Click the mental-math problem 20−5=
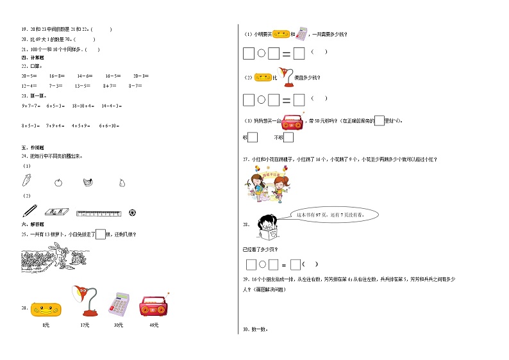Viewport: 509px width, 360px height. (x=29, y=76)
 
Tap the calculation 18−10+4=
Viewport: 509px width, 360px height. (x=83, y=106)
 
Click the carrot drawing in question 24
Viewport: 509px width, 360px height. (x=28, y=181)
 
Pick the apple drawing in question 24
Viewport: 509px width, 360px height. (x=58, y=182)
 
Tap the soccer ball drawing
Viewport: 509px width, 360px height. (x=132, y=211)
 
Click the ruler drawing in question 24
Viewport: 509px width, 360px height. (x=98, y=212)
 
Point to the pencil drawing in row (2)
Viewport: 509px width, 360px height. (x=29, y=211)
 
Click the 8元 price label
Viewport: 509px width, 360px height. (x=46, y=326)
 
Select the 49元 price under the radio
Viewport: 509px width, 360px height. (x=153, y=326)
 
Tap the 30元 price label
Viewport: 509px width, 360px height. (x=119, y=326)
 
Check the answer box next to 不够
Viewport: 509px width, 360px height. (x=288, y=137)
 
